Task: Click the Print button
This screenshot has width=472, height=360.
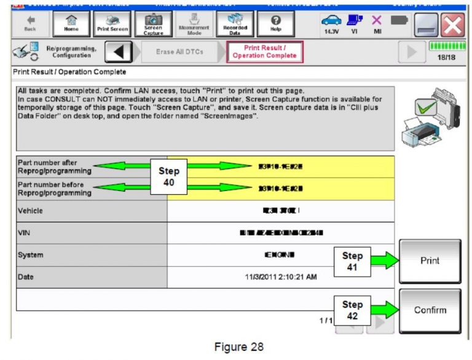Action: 430,261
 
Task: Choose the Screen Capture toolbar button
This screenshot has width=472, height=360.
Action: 153,23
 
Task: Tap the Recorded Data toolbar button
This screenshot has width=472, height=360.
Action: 235,23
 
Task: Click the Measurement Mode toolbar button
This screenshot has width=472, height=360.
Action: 194,23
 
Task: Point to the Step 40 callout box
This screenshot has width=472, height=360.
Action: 168,177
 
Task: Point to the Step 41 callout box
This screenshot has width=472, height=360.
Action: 352,261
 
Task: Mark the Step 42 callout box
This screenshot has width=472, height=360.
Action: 352,310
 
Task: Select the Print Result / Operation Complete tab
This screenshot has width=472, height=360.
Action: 265,52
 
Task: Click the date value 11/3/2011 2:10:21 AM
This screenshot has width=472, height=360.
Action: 281,277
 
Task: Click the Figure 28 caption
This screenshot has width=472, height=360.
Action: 239,347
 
